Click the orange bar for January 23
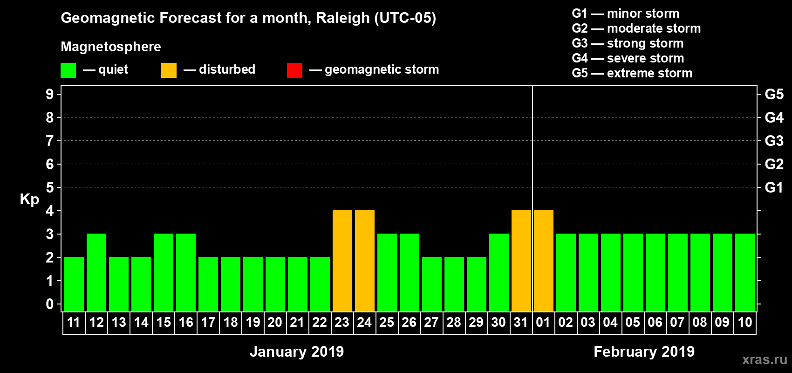(x=342, y=261)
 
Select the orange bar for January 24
(x=365, y=261)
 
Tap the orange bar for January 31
(x=521, y=261)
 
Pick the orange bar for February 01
(x=544, y=261)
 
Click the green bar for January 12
(x=96, y=273)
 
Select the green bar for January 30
(x=499, y=273)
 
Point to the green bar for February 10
(x=745, y=273)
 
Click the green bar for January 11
(x=74, y=284)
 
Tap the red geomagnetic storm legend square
(x=294, y=70)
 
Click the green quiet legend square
(x=68, y=70)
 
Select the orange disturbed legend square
(x=169, y=70)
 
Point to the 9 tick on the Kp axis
(x=50, y=94)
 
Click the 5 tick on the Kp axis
(x=50, y=187)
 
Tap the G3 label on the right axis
(x=774, y=141)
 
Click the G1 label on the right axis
(x=774, y=187)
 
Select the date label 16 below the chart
(x=186, y=323)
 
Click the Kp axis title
(x=29, y=200)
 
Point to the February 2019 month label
(x=644, y=352)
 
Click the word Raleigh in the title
(x=342, y=18)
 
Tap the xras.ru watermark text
(x=765, y=359)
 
